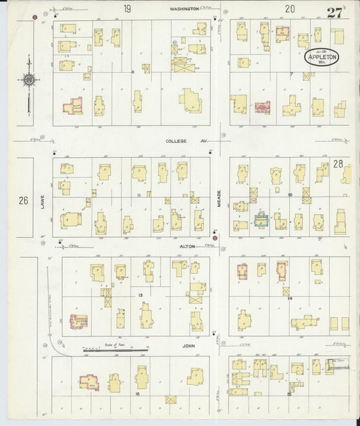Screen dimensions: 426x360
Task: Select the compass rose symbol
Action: point(28,81)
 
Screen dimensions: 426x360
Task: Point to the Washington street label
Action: point(184,9)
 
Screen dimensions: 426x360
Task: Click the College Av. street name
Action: point(180,142)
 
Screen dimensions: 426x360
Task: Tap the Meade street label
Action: point(217,197)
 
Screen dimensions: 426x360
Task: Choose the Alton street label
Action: point(187,246)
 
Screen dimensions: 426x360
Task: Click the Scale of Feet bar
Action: point(115,350)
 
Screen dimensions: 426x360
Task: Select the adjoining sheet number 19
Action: point(126,9)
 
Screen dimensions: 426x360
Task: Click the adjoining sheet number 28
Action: point(338,164)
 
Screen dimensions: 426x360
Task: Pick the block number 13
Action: point(140,296)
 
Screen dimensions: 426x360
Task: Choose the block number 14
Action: point(288,298)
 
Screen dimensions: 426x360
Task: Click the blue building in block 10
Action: point(261,219)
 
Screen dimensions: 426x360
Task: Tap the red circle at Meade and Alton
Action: point(215,238)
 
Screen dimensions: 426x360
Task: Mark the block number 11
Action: point(138,194)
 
